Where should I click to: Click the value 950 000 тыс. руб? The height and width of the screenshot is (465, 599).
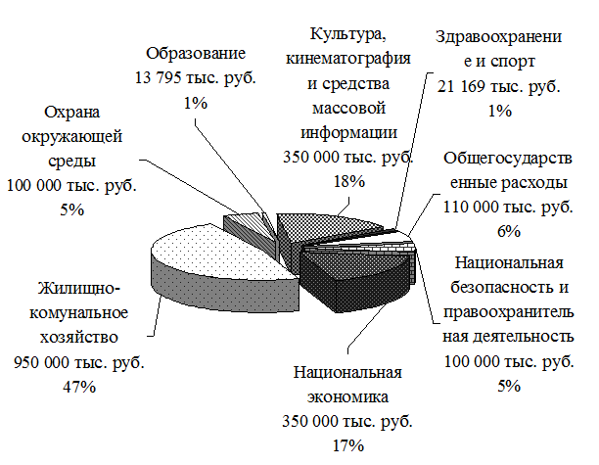click(80, 362)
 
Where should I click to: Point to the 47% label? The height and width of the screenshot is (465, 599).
click(80, 387)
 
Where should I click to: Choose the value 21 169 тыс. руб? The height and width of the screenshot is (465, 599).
click(499, 86)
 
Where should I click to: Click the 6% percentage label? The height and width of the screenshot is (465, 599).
click(508, 231)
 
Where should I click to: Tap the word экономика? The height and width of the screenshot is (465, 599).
click(348, 398)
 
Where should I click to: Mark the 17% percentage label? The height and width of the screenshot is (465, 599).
click(348, 445)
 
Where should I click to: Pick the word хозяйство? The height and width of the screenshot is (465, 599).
click(79, 337)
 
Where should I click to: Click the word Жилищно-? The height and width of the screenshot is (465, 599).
click(79, 290)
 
